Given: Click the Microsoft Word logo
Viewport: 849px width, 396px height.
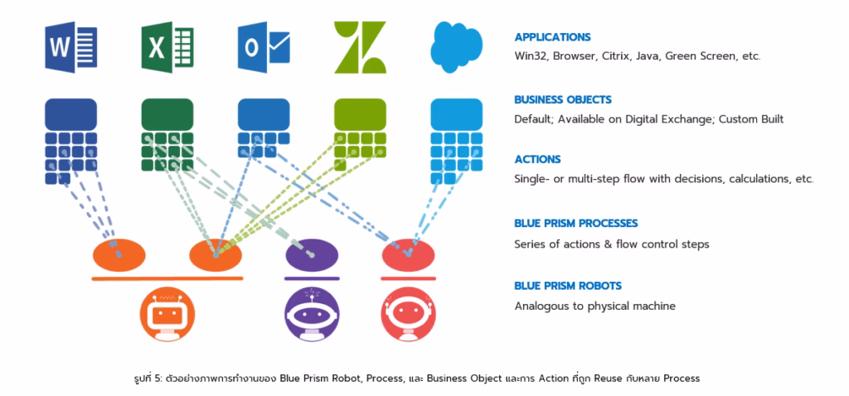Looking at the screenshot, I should [70, 47].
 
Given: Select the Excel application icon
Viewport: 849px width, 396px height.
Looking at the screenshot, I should [167, 47].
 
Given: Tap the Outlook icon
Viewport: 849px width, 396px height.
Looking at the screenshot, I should [263, 47].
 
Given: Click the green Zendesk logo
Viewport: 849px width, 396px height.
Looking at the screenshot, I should [359, 47].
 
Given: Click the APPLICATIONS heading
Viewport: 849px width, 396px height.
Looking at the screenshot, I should [552, 37].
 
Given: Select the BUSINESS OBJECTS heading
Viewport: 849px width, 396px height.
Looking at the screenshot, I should [562, 99].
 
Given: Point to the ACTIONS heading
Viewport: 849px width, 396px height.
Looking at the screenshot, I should [537, 159].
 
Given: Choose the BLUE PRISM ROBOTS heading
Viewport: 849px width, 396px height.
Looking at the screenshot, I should [567, 286].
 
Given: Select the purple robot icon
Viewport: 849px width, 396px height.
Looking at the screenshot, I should [311, 315].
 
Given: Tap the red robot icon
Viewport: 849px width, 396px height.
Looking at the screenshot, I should [407, 315].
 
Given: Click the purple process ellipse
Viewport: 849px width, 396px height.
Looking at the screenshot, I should [311, 255].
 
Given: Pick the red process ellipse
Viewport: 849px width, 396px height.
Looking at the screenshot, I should [407, 255].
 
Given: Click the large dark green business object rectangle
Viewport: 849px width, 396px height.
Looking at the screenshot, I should [167, 113].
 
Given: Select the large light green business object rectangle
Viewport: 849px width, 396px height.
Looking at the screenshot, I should [360, 113].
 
